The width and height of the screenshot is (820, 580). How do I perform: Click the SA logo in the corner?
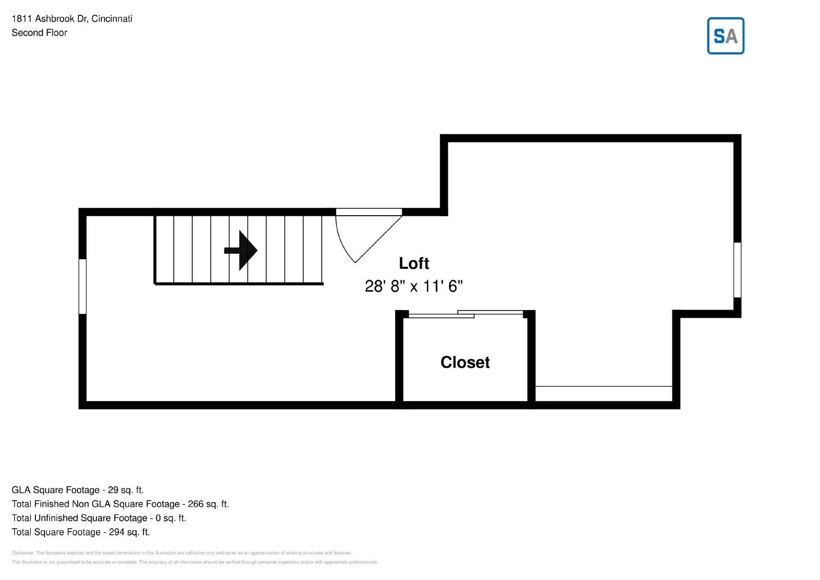point(725,36)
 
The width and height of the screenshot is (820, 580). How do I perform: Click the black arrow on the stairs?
point(241,251)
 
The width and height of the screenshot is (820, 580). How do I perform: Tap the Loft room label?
point(414,263)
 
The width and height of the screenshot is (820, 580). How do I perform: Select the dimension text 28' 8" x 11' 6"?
point(414,286)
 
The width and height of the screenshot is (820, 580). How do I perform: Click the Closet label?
point(465,362)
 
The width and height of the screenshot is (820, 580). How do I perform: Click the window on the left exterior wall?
point(82,286)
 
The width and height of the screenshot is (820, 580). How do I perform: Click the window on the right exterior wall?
point(737,270)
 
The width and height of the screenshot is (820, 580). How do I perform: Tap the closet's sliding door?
point(465,314)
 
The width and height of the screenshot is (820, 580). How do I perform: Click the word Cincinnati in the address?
point(112,19)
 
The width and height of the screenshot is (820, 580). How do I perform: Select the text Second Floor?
point(39,33)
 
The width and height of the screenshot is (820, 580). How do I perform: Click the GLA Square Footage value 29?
point(113,490)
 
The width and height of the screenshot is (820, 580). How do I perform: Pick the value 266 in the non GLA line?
point(195,504)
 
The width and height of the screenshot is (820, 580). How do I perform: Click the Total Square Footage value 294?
point(116,532)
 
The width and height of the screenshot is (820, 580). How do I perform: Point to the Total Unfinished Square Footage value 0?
point(158,518)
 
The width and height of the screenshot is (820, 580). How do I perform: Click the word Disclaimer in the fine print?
point(23,553)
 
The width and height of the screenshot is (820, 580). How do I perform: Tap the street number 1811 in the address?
point(22,19)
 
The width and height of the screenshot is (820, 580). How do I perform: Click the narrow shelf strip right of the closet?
point(603,393)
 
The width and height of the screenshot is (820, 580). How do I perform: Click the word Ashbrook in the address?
point(55,19)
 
